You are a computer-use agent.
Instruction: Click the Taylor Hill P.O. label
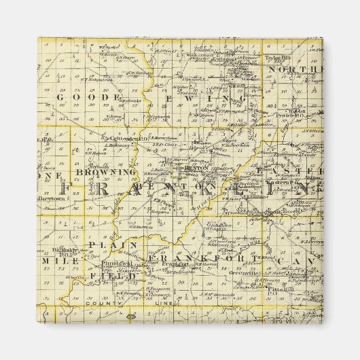(280, 58)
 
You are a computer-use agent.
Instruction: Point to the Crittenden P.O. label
(122, 139)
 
